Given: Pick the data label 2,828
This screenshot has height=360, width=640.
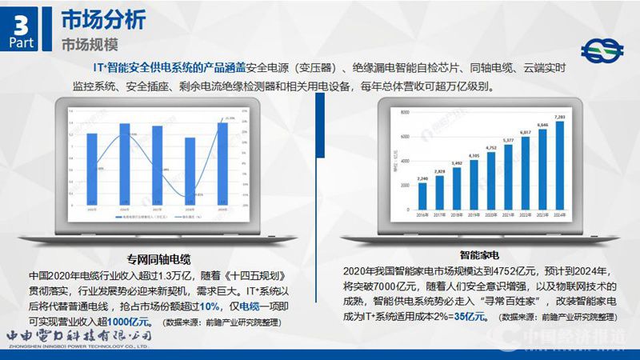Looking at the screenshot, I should click(439, 171).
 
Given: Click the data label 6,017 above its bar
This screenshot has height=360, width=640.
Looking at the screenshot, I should click(526, 132).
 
